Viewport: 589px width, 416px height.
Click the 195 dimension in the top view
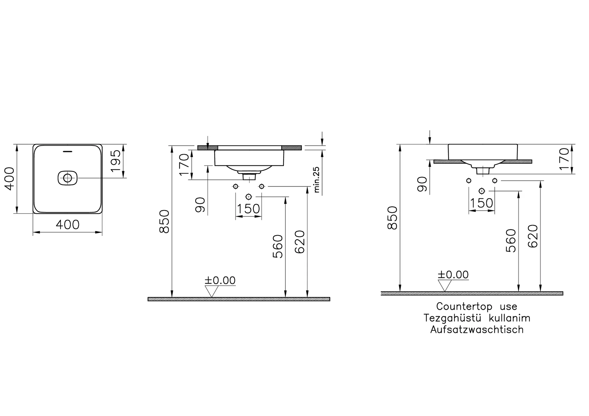click(116, 161)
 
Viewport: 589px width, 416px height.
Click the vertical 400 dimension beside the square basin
click(9, 179)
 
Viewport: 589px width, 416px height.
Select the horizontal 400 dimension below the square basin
click(68, 225)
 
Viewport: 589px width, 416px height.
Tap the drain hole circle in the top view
click(68, 178)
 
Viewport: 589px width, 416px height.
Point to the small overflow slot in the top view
click(67, 151)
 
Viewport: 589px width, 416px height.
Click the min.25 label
click(316, 180)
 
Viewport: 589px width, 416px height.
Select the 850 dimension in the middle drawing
click(165, 221)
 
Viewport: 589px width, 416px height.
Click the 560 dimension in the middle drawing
click(278, 246)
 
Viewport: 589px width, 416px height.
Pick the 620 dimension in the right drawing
click(533, 236)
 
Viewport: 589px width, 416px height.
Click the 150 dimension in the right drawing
click(481, 203)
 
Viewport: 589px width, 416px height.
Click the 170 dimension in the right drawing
click(564, 159)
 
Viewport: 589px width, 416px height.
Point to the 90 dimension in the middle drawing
click(200, 205)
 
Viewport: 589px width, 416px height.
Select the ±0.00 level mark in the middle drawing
click(220, 280)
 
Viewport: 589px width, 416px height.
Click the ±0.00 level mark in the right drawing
click(453, 275)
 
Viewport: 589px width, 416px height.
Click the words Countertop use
click(477, 306)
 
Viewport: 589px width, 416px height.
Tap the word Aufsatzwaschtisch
click(477, 330)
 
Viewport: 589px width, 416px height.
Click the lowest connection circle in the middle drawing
click(248, 197)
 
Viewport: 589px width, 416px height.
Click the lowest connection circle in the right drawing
click(482, 191)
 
